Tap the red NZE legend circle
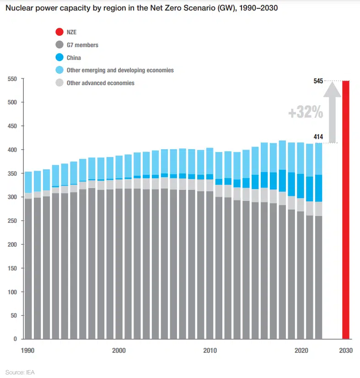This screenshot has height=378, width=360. coord(59,32)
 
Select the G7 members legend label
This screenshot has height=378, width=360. coord(82,45)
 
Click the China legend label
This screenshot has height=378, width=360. coord(74,58)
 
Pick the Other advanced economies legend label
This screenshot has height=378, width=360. coord(101,83)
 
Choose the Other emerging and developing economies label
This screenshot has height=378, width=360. coord(120,70)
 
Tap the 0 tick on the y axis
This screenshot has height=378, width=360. coord(15,339)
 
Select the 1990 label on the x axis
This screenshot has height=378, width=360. coord(28,350)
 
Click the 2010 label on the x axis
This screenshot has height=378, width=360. coord(210,350)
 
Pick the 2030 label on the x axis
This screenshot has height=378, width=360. coord(346,350)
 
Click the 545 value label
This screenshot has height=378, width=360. coord(318,81)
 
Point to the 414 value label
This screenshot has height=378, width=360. coord(318,136)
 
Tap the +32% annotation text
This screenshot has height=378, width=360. coord(306,112)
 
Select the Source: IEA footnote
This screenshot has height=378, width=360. coord(20,372)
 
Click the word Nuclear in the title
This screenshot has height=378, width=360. coord(19,8)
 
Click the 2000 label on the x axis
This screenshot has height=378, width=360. coord(118,350)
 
